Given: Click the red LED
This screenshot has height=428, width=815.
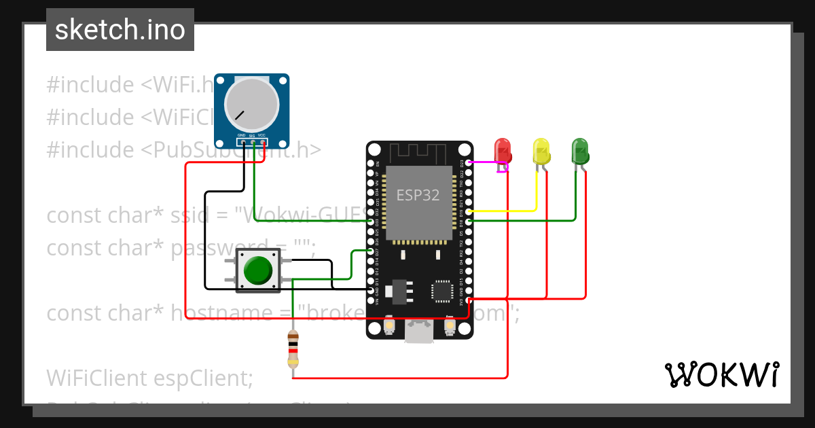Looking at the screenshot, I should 502,150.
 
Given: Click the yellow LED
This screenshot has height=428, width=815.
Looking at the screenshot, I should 541,150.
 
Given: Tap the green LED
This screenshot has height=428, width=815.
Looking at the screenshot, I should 579,150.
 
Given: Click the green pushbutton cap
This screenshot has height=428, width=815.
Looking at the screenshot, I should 257,270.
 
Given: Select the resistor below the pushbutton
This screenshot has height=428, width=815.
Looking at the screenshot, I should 293,351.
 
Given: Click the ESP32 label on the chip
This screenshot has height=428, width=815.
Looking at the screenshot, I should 418,196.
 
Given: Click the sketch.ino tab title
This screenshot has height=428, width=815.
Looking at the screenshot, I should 120,30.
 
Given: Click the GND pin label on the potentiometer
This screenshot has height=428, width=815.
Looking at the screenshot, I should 241,136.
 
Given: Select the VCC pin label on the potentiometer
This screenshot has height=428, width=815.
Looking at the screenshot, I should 261,136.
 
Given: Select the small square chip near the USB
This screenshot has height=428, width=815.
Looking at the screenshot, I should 442,291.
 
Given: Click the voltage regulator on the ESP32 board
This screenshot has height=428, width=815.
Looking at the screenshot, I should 398,291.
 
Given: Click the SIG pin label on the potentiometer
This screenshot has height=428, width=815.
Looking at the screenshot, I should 251,136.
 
